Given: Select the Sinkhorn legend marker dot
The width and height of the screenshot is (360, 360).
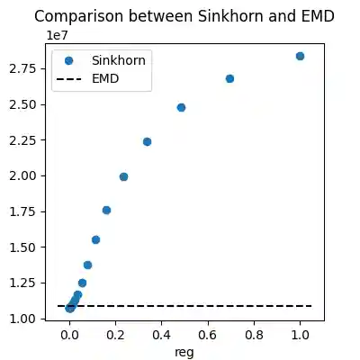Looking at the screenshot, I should pos(68,60).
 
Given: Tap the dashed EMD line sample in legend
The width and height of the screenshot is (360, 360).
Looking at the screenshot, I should pos(68,77).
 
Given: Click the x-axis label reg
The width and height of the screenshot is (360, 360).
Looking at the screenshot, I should pos(184,351).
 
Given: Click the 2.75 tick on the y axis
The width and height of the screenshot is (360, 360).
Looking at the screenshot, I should pos(31,68).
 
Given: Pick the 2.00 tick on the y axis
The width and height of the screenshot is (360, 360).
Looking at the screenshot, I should pos(31,175).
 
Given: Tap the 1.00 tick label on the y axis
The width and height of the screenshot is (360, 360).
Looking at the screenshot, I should pos(31,319).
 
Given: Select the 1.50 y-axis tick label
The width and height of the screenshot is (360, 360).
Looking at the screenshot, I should pos(31,247).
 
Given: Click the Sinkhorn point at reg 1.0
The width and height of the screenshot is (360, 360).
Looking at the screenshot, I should pos(300,56).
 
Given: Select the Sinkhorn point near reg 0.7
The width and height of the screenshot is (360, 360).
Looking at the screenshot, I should pos(229,78).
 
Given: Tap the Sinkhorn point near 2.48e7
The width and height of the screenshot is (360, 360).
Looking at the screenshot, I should pos(181,107).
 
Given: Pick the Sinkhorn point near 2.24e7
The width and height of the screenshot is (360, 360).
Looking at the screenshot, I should pos(147,141).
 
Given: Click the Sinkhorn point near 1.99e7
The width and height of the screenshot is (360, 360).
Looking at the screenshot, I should pos(123,176).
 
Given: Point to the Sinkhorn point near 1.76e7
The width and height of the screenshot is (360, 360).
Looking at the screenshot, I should pos(106,210).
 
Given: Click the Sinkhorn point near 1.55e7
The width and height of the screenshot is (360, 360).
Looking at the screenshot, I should pos(95,239).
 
